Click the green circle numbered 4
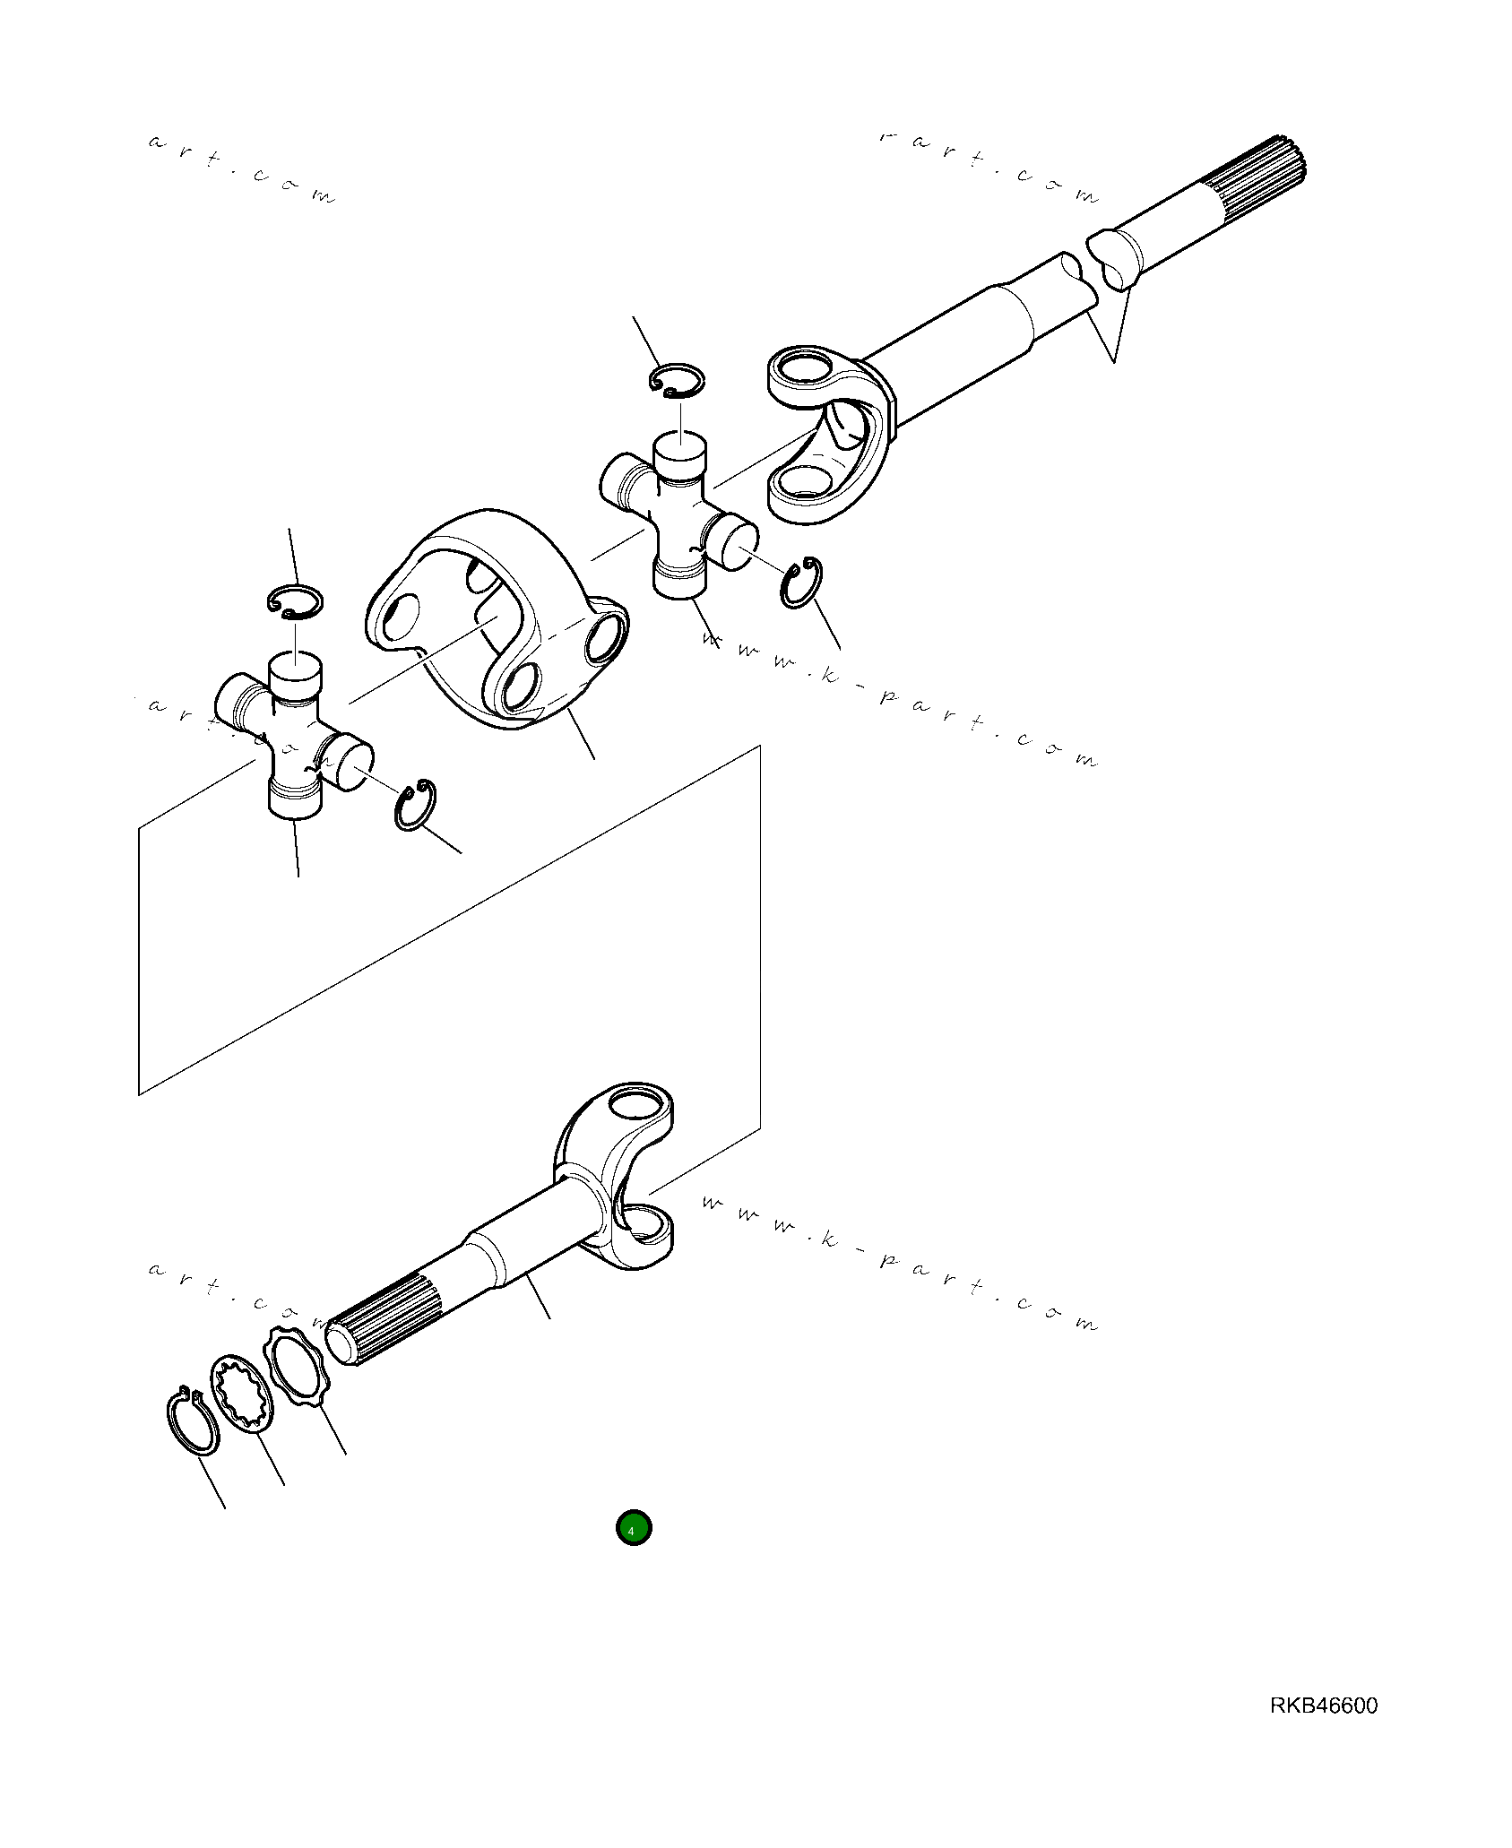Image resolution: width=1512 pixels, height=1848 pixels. tap(633, 1528)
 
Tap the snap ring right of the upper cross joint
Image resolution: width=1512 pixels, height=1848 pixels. tap(800, 583)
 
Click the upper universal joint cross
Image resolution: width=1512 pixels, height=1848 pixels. tap(679, 515)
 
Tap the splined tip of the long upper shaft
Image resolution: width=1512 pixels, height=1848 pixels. tap(1255, 179)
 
